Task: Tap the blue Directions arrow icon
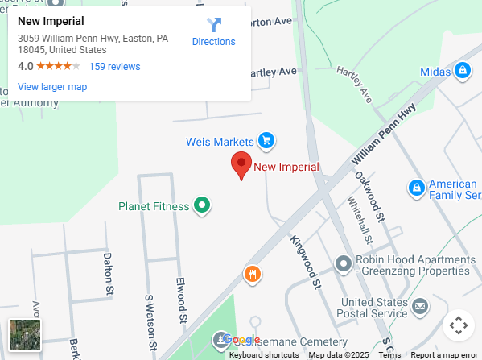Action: (214, 25)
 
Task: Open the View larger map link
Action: (52, 87)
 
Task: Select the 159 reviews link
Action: (114, 67)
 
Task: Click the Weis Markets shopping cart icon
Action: (266, 142)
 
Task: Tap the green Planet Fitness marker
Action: (203, 206)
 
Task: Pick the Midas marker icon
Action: (462, 72)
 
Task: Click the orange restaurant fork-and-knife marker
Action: (253, 275)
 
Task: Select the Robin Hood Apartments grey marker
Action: (344, 263)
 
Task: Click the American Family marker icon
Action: (416, 188)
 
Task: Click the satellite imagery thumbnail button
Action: (25, 335)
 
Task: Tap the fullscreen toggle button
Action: (458, 325)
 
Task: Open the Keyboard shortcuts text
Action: (264, 355)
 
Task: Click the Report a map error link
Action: (444, 355)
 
